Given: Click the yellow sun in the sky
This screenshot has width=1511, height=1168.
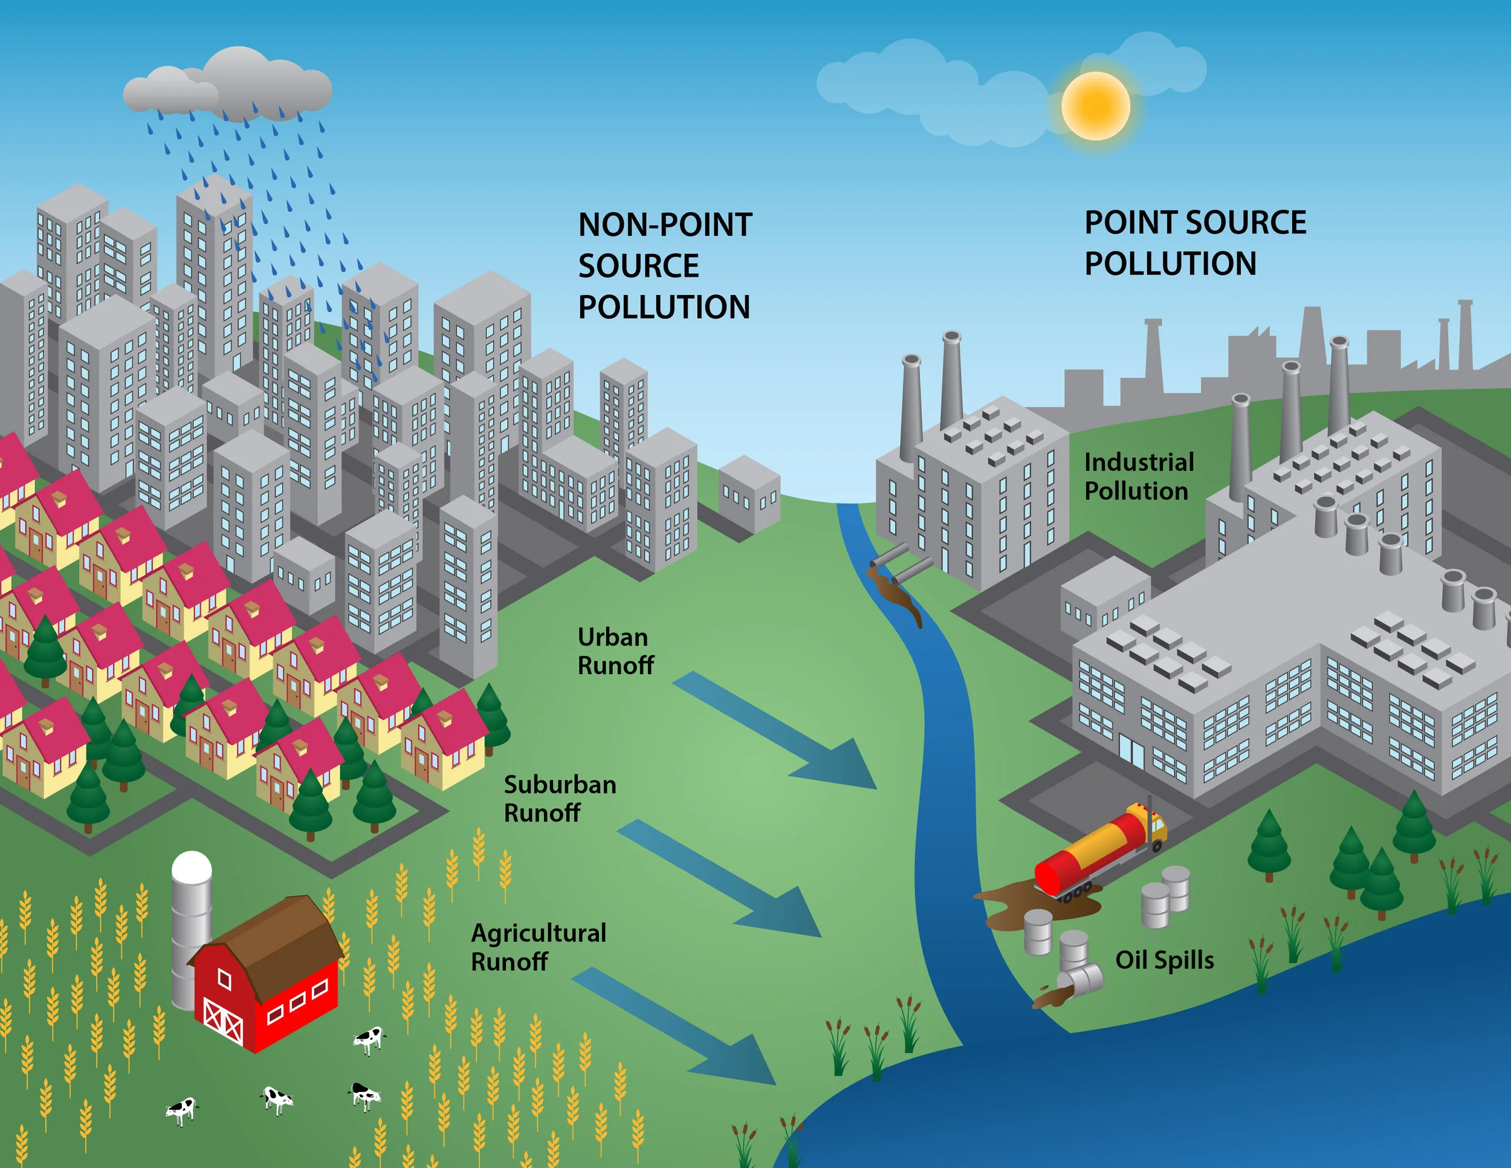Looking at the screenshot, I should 1095,106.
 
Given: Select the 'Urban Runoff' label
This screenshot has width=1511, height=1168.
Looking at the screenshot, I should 614,651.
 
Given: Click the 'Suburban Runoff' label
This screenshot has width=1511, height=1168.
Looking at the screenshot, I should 559,799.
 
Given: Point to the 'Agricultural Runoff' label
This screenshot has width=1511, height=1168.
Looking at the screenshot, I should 539,947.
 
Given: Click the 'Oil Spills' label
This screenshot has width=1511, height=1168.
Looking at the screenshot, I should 1165,959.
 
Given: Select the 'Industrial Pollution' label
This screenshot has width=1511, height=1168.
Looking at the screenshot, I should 1138,476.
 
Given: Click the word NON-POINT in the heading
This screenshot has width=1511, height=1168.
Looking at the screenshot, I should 664,225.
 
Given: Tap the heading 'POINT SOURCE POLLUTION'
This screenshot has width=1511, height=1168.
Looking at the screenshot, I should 1194,243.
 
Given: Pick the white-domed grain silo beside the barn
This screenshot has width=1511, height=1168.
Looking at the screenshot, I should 191,920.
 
